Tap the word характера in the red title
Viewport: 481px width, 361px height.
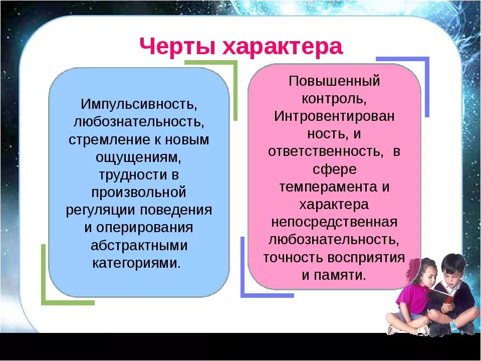tap(282, 47)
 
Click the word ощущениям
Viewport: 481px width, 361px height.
tap(138, 157)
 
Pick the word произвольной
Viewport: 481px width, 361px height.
tap(139, 193)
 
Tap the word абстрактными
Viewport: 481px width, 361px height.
tap(139, 245)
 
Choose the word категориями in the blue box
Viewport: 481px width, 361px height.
tap(136, 263)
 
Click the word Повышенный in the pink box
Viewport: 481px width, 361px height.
tap(334, 82)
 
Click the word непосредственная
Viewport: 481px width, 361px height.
tap(334, 222)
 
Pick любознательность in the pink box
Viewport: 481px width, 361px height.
tap(334, 240)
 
